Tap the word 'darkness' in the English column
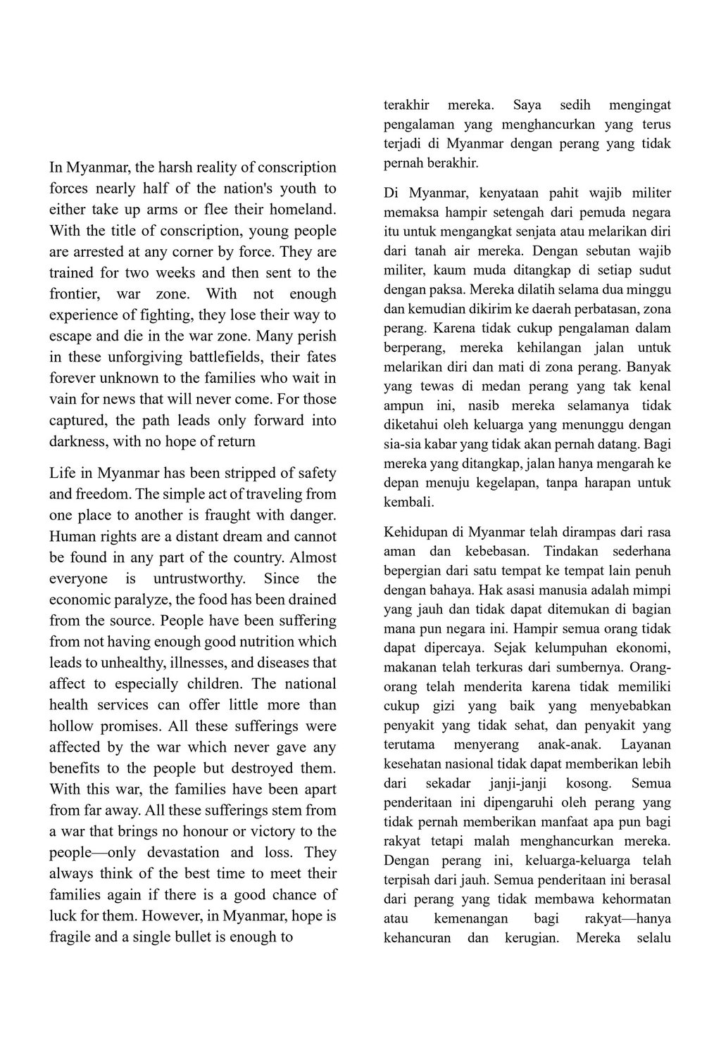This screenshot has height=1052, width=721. (77, 442)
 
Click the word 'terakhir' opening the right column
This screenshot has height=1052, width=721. (406, 106)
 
